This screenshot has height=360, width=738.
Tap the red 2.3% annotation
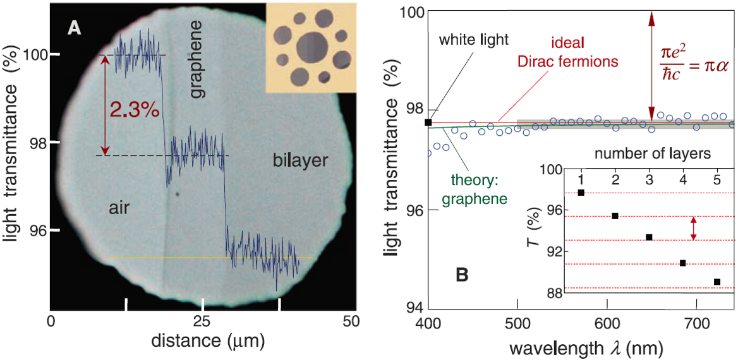pyautogui.click(x=135, y=109)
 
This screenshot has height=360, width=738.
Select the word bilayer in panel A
pyautogui.click(x=300, y=160)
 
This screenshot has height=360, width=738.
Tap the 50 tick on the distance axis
pyautogui.click(x=351, y=321)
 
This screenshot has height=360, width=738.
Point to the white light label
pyautogui.click(x=473, y=40)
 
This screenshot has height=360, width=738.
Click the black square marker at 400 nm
pyautogui.click(x=428, y=122)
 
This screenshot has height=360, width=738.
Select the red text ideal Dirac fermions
pyautogui.click(x=567, y=53)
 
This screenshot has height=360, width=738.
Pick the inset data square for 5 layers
pyautogui.click(x=717, y=282)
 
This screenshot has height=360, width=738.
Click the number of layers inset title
pyautogui.click(x=653, y=153)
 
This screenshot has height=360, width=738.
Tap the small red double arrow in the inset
pyautogui.click(x=694, y=228)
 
